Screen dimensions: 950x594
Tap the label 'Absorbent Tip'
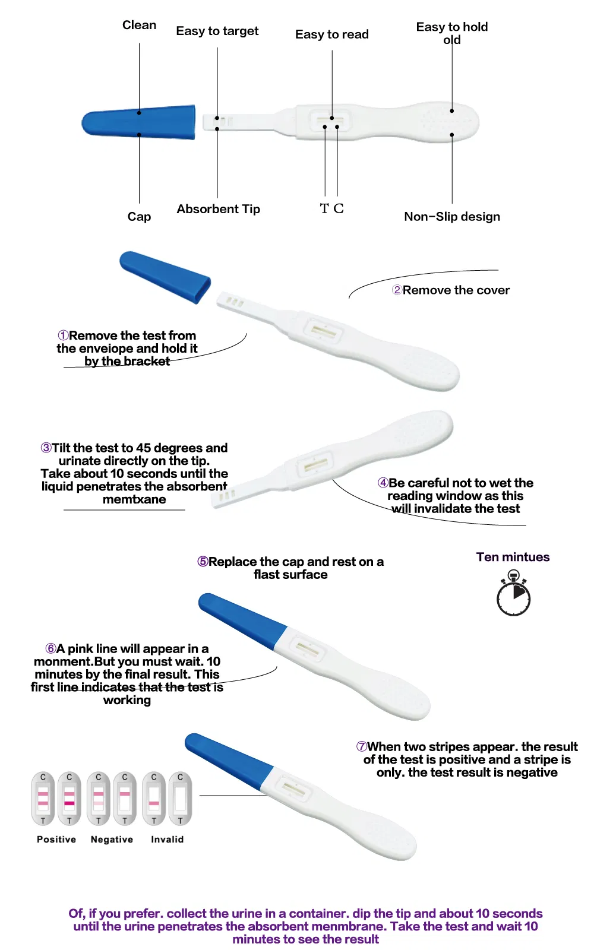coord(218,209)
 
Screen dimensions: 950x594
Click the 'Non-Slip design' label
coord(452,217)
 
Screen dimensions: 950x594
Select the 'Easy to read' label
coord(332,34)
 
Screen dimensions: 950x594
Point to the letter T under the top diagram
coord(324,208)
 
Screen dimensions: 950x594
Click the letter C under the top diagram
coord(339,208)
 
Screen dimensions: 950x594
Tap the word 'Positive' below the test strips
coord(56,840)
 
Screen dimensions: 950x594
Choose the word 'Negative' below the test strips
coord(112,840)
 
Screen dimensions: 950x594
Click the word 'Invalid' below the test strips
coord(167,840)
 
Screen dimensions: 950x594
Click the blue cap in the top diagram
coord(140,122)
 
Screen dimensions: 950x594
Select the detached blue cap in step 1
coord(165,277)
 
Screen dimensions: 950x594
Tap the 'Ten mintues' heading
coord(513,557)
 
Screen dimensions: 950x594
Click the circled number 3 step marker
coord(46,448)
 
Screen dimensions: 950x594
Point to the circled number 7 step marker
coord(361,746)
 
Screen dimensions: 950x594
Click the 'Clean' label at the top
coord(139,25)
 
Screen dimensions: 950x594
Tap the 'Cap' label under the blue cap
coord(139,217)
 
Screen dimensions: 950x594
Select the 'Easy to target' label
coord(217,31)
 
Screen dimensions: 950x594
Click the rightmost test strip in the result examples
coord(180,799)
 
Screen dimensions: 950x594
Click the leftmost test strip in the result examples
coord(43,799)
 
